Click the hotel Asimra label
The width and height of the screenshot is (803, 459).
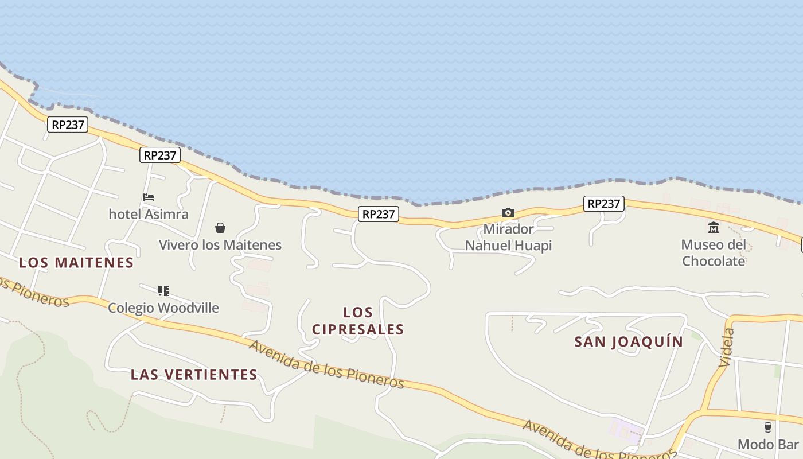point(149,214)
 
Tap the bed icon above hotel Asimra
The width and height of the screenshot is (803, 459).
point(149,197)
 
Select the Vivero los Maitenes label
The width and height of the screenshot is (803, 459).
point(220,245)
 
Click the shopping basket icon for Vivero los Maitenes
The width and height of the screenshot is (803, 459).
point(220,228)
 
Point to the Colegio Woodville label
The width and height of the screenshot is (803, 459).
point(163,308)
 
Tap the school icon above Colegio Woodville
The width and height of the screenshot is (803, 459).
point(163,291)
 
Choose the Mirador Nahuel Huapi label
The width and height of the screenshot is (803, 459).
point(508,237)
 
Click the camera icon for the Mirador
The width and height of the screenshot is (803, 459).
point(508,213)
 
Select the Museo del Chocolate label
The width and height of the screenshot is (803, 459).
point(714,253)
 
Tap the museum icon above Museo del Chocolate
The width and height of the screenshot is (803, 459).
point(714,228)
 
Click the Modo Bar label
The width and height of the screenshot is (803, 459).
point(768,444)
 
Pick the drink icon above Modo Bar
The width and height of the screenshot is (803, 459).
point(768,427)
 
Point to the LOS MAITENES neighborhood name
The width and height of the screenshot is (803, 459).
point(76,263)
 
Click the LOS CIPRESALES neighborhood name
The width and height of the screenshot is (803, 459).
point(358,321)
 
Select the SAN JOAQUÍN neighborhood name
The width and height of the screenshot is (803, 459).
point(629,342)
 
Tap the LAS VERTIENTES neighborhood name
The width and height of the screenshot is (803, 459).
point(194,375)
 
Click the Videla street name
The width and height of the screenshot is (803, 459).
point(726,348)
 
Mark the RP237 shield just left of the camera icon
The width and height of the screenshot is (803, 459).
point(379,214)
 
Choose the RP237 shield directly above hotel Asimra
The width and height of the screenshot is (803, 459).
point(160,155)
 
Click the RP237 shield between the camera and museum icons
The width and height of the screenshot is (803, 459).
point(604,204)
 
